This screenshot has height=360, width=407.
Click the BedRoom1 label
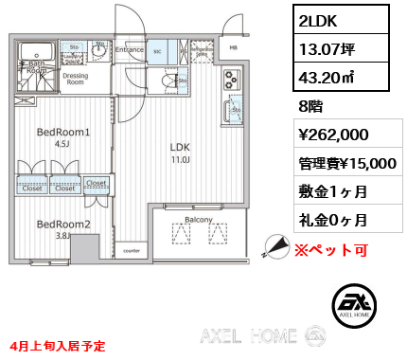63,132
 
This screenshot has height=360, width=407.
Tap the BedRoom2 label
63,224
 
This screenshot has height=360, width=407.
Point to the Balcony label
198,219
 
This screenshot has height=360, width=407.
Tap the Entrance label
130,49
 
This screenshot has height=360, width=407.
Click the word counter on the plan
132,251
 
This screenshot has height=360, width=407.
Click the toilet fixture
169,82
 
